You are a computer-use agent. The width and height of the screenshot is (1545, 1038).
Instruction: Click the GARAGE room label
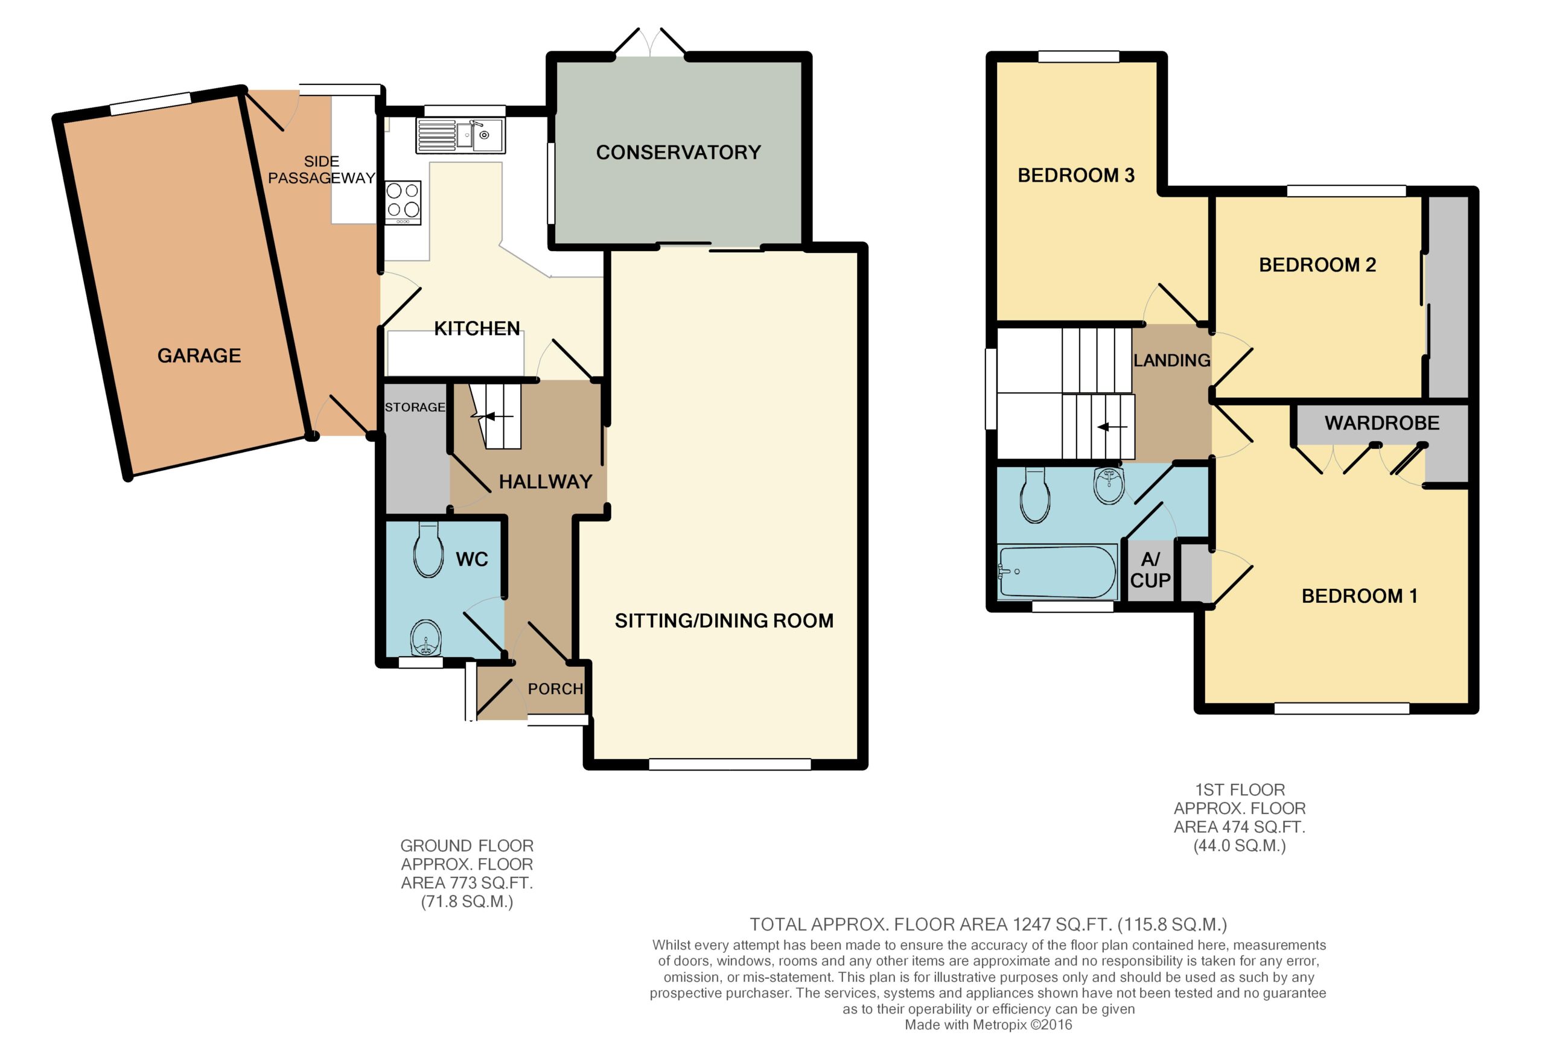coord(199,355)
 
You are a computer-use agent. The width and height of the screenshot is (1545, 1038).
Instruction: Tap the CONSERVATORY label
coord(678,152)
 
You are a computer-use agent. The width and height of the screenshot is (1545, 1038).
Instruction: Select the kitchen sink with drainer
coord(460,136)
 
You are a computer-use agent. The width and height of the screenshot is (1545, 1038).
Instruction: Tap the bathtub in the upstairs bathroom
coord(1057,572)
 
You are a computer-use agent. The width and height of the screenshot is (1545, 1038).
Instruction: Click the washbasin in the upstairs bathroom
coord(1109,485)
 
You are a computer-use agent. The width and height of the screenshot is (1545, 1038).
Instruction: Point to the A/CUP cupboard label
coord(1150,570)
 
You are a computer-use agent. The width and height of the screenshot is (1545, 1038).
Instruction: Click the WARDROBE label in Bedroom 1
coord(1382,423)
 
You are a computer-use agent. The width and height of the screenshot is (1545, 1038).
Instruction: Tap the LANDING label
coord(1171,360)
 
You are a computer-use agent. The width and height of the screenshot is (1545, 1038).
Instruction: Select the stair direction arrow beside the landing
coord(1112,427)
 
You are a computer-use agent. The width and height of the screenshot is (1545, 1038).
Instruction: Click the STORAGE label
coord(415,407)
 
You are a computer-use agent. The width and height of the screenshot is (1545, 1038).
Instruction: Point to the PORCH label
coord(555,689)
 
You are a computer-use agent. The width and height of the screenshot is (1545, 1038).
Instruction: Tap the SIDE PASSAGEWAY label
coord(322,170)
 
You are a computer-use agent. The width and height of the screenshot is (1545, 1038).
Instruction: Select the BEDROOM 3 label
coord(1075,176)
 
